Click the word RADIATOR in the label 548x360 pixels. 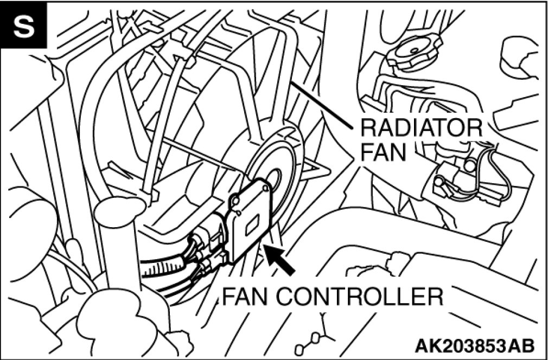[x=420, y=129]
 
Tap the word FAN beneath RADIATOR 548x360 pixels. [x=383, y=152]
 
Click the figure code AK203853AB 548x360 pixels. [x=474, y=345]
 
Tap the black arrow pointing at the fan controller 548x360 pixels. [x=279, y=259]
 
